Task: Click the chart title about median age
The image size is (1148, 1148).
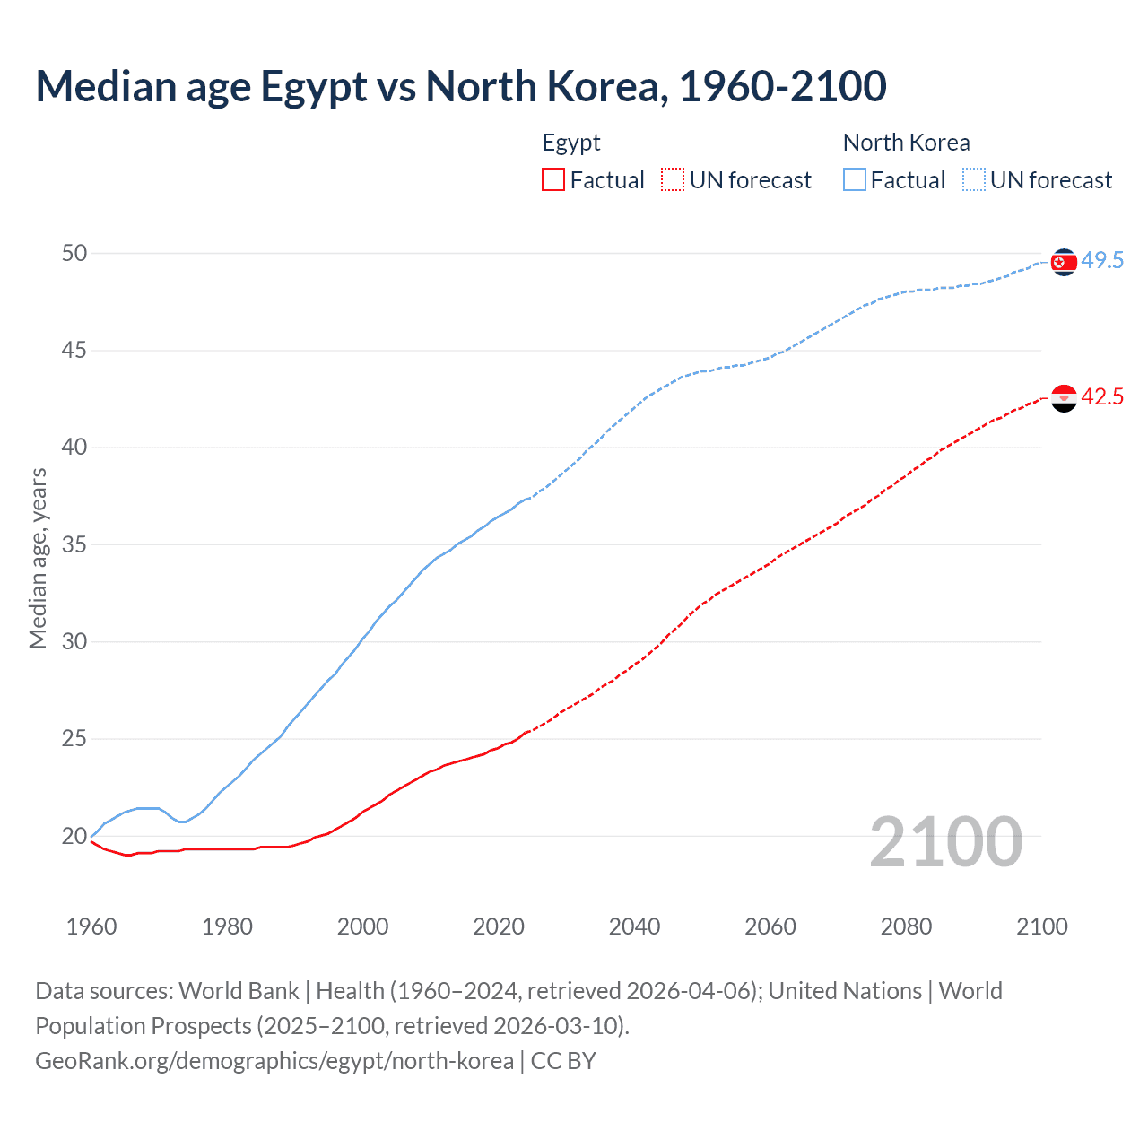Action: pyautogui.click(x=461, y=86)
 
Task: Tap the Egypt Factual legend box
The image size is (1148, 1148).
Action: pyautogui.click(x=553, y=179)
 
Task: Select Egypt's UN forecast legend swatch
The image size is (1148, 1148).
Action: pyautogui.click(x=673, y=179)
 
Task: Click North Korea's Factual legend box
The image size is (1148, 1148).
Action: pyautogui.click(x=855, y=179)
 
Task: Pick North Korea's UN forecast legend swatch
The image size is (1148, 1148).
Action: pyautogui.click(x=974, y=179)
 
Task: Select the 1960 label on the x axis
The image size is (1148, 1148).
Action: pyautogui.click(x=91, y=926)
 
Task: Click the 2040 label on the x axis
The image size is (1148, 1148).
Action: pyautogui.click(x=634, y=926)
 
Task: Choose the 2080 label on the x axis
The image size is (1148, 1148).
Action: pyautogui.click(x=906, y=926)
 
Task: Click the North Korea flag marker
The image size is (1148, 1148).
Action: pyautogui.click(x=1064, y=262)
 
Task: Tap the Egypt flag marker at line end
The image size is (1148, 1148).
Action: pyautogui.click(x=1064, y=397)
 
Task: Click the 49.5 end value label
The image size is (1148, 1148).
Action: pyautogui.click(x=1102, y=261)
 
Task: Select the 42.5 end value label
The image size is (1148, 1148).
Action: pyautogui.click(x=1102, y=397)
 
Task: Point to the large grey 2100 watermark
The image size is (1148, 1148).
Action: pyautogui.click(x=945, y=841)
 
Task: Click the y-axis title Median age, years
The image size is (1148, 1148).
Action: pyautogui.click(x=38, y=558)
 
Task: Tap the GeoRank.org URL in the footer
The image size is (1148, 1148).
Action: pyautogui.click(x=274, y=1061)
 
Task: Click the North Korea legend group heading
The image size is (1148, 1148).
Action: pyautogui.click(x=906, y=143)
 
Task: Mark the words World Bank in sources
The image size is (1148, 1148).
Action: pyautogui.click(x=239, y=991)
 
